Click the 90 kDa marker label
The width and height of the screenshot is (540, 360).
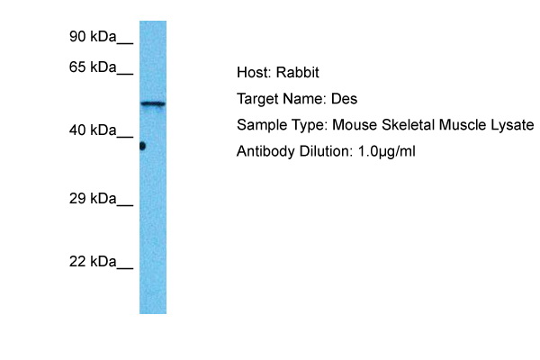coord(93,37)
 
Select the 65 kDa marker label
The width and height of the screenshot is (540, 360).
coord(93,67)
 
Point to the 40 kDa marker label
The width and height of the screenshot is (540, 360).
coord(93,130)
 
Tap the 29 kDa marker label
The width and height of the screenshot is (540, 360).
coord(93,198)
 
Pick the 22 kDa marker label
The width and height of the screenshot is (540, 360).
coord(93,262)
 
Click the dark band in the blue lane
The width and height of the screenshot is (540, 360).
coord(153,103)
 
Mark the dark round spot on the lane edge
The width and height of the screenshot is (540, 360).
coord(142,146)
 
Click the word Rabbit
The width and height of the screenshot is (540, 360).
coord(298,73)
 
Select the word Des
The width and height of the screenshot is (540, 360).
coord(344,99)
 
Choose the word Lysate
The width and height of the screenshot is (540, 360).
coord(512,125)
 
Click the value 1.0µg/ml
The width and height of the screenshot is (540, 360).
coord(386,151)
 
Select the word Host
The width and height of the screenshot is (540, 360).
coord(254,73)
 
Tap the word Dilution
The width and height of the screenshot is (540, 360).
coord(326,151)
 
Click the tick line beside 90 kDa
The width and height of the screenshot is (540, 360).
coord(125,43)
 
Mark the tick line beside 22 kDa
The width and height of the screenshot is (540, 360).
coord(125,268)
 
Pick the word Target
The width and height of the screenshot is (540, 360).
coord(258,100)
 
